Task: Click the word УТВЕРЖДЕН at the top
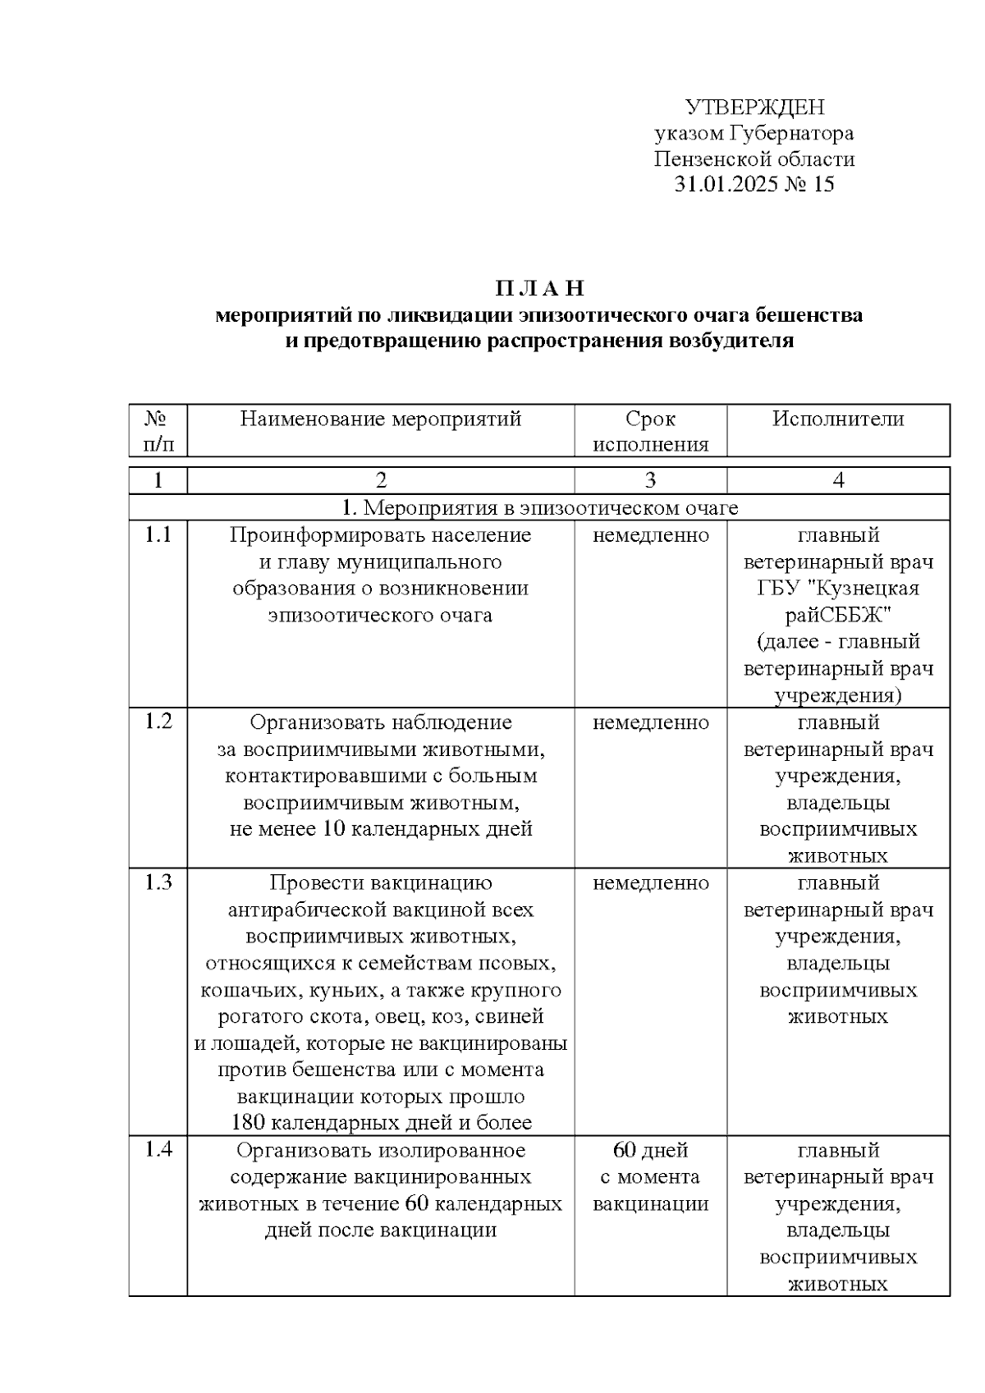point(754,108)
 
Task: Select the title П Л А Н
point(539,289)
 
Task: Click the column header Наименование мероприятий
point(381,419)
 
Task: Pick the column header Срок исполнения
point(650,432)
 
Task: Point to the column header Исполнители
point(838,419)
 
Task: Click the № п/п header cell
point(158,432)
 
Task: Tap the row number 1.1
point(158,535)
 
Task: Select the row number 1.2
point(158,722)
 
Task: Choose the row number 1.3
point(158,882)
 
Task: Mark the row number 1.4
point(158,1149)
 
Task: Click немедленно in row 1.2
point(650,722)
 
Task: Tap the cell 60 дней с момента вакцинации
point(650,1176)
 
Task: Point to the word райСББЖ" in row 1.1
point(838,615)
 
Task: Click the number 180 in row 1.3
point(248,1122)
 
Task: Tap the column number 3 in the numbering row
point(650,480)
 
